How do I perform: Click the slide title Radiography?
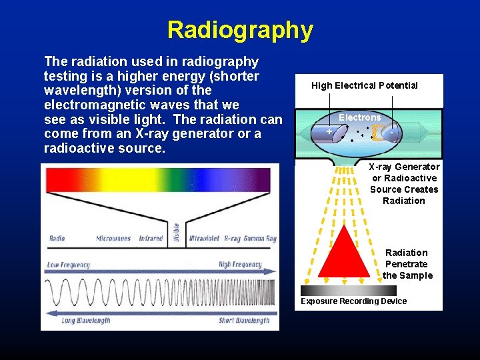[239, 30]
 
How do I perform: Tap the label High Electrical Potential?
[364, 85]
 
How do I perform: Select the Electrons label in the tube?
[359, 117]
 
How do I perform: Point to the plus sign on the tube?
[329, 132]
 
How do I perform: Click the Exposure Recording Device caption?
[353, 301]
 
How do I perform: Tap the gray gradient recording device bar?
[348, 291]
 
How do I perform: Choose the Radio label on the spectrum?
[57, 238]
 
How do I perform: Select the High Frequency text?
[241, 265]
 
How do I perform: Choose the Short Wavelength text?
[244, 321]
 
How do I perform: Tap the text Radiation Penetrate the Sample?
[407, 264]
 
